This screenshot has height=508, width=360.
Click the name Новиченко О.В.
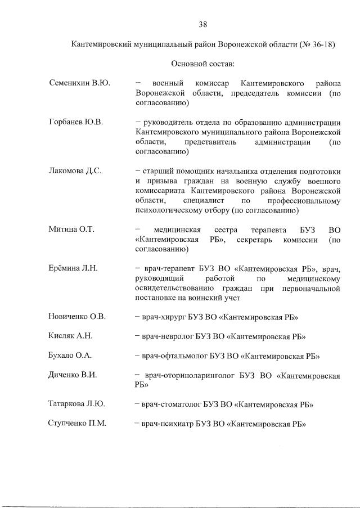[78, 317]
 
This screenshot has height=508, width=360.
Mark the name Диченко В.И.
[73, 375]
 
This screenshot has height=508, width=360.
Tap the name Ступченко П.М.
[78, 424]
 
